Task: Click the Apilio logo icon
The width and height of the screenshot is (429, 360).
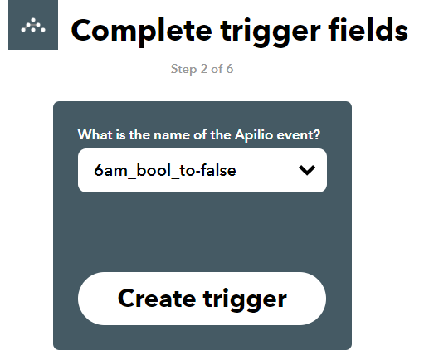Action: [33, 25]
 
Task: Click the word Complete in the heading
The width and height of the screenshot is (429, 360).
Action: [141, 32]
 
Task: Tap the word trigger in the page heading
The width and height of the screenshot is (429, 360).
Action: [271, 32]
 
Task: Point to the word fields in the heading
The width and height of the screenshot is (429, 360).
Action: [368, 29]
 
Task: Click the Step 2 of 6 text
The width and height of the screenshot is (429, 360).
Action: [202, 69]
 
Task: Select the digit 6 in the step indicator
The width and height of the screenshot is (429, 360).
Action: [230, 69]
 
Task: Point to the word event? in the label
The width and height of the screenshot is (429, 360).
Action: [299, 135]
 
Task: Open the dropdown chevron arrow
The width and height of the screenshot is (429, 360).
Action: [307, 170]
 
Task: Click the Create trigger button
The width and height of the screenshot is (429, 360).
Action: [202, 299]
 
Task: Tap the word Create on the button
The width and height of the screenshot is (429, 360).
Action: [157, 299]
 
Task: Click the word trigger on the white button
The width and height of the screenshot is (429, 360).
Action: [245, 300]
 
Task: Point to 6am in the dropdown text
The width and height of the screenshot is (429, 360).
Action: [110, 170]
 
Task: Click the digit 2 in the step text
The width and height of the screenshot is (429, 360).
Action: [204, 69]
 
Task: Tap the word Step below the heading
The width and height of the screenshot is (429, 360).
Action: [183, 69]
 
